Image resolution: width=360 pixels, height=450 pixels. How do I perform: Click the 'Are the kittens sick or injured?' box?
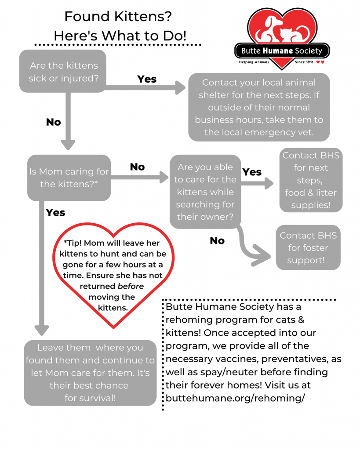63,71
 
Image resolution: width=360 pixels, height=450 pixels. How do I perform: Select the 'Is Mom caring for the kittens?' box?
69,178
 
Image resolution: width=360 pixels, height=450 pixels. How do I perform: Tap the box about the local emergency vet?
259,107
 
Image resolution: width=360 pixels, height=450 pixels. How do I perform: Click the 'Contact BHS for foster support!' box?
308,247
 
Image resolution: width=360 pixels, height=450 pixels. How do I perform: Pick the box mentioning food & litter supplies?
311,180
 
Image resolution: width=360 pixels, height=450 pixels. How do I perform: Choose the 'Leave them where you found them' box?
90,373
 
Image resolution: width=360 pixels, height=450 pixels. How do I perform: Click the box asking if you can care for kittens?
205,192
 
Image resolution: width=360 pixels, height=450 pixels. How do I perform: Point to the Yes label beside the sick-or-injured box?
147,79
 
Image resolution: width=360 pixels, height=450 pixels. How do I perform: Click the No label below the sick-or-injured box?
53,122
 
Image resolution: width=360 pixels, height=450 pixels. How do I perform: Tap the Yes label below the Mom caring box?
55,213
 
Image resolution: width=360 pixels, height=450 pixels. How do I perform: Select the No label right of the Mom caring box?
138,167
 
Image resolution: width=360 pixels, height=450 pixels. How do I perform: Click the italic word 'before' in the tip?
131,286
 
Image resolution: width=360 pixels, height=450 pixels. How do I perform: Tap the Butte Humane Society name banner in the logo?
282,51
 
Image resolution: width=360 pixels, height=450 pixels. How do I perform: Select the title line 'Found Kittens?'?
118,17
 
